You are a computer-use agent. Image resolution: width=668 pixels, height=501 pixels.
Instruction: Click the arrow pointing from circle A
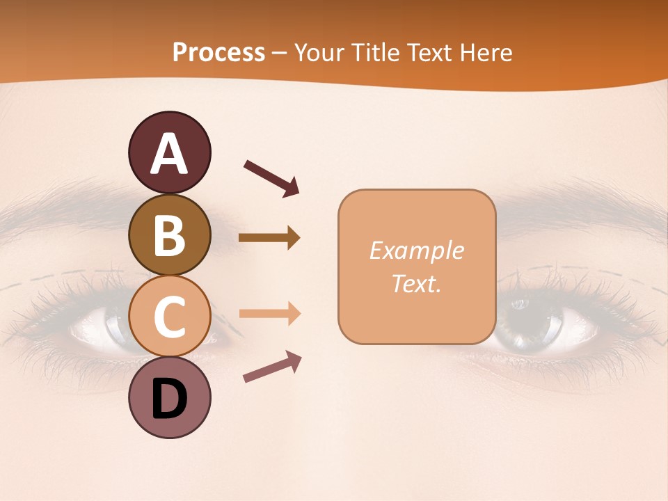click(x=271, y=177)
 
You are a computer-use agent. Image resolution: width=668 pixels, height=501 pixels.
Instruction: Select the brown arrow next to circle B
click(x=269, y=238)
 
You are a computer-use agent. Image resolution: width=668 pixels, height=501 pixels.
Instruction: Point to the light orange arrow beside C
click(x=269, y=313)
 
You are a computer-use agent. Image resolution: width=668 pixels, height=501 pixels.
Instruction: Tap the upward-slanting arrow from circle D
click(x=272, y=367)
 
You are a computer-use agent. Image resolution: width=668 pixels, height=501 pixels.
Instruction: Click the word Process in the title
click(x=218, y=52)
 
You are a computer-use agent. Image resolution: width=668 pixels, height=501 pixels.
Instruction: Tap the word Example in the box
click(x=416, y=250)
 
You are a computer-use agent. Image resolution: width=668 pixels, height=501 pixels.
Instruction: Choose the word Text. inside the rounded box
click(x=416, y=283)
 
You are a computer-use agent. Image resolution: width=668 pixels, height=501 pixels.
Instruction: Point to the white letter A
click(x=169, y=154)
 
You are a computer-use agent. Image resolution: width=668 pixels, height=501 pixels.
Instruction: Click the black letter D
click(x=169, y=399)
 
